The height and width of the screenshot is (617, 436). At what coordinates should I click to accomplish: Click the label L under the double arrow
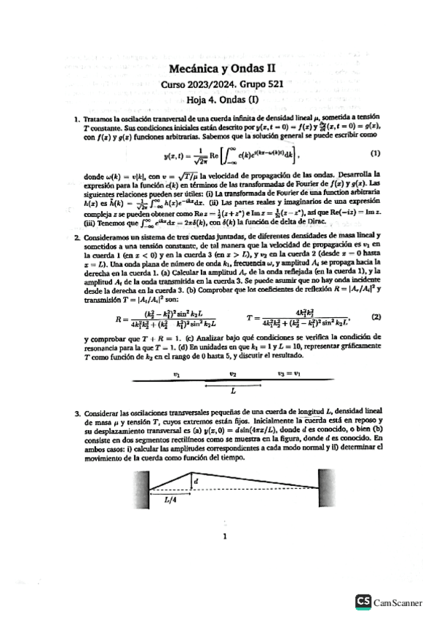(233, 391)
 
